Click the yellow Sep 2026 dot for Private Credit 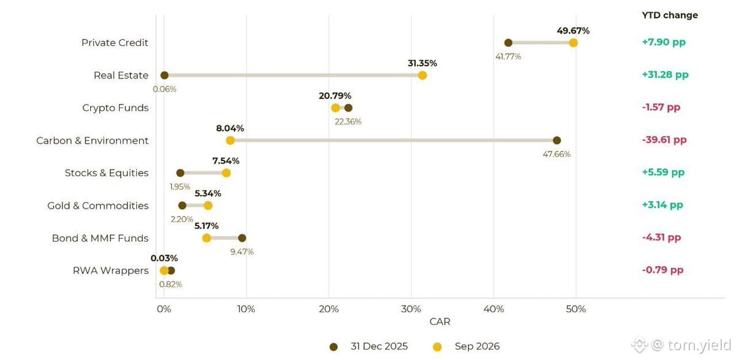(573, 43)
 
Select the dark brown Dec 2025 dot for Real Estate (164, 75)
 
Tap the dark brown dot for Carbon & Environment (557, 140)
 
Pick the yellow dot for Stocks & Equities (226, 173)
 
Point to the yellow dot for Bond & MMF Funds (206, 238)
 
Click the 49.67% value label (573, 31)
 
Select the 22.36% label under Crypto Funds (348, 122)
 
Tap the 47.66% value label (557, 154)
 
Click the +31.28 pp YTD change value (665, 75)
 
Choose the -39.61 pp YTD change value (664, 140)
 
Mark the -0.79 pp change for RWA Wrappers (663, 270)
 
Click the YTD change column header (670, 15)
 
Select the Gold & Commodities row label (98, 205)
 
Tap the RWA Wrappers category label (111, 270)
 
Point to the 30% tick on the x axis (411, 309)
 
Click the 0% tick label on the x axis (164, 309)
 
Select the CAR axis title (440, 321)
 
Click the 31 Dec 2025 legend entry (369, 347)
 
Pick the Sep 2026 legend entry (466, 347)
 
